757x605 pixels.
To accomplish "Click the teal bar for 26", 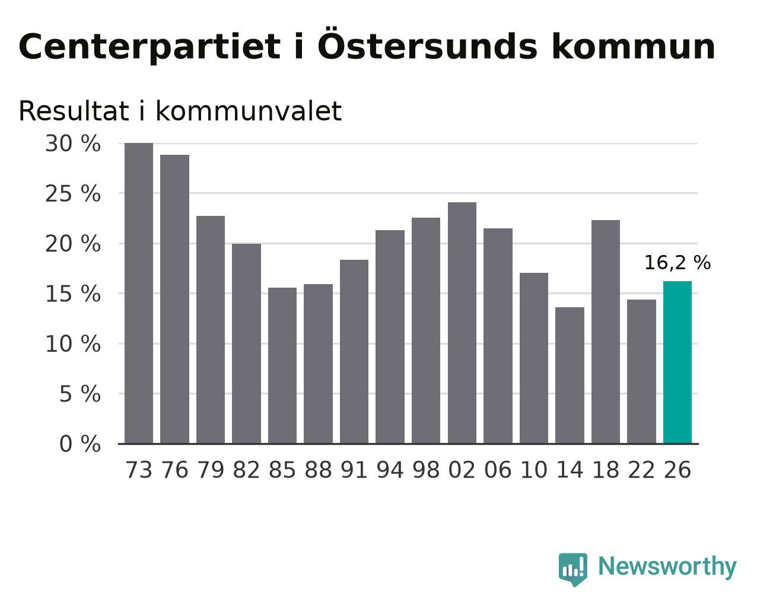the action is tap(677, 362).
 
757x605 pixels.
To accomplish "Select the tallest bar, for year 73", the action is tap(139, 294).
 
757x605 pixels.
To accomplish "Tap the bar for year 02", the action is tap(462, 323).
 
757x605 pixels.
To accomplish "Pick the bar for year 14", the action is tap(570, 375).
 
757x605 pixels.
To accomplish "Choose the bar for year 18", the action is tap(605, 332).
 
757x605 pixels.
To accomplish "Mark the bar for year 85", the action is tap(282, 366).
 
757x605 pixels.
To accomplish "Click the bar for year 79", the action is tap(211, 330).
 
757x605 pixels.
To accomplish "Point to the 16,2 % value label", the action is tap(677, 263).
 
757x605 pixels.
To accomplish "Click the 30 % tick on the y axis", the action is tap(73, 144).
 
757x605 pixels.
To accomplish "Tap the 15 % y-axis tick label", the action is tap(73, 294).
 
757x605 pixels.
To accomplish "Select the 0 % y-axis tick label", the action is tap(80, 444).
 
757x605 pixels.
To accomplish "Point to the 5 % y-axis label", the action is tap(80, 394).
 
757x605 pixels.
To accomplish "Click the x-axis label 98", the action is tap(425, 470).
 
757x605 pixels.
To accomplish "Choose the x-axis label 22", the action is tap(641, 470).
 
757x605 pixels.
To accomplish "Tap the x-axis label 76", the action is tap(174, 470).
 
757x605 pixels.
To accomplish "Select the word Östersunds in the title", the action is tap(427, 44).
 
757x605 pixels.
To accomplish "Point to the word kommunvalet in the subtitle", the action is tap(249, 111).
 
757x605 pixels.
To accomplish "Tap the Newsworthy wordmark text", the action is tap(667, 567).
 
